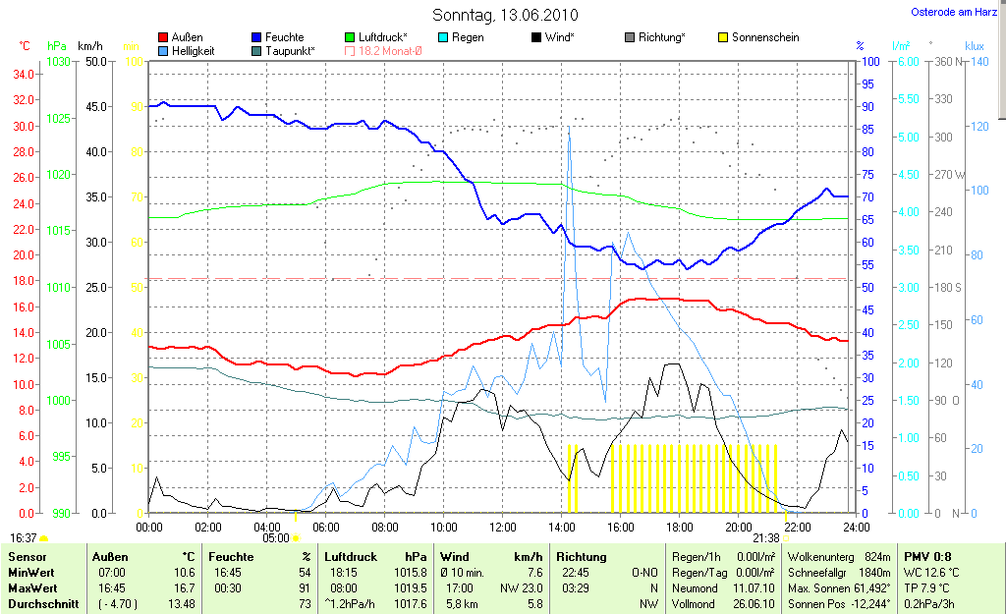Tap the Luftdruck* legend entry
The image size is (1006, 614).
[x=387, y=37]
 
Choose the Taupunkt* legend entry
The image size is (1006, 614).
[x=289, y=51]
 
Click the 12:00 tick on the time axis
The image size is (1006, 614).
[x=502, y=527]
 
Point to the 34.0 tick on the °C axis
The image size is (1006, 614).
[x=24, y=74]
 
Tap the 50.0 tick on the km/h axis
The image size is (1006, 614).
[x=96, y=61]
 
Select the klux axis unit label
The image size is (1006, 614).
[x=975, y=46]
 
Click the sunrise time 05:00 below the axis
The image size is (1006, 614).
[x=276, y=537]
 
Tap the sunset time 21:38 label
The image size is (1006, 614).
[x=765, y=537]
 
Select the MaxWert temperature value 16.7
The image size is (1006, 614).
[x=184, y=587]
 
